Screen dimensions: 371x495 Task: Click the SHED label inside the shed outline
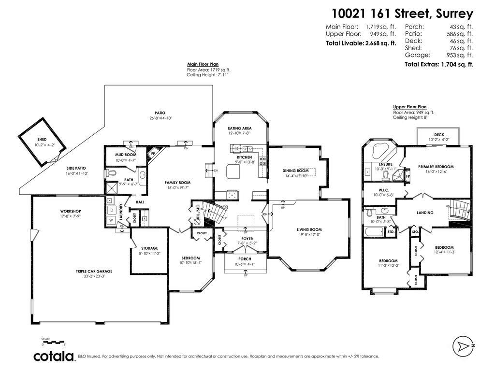42,139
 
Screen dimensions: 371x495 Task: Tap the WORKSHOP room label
70,211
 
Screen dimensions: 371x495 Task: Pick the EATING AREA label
240,128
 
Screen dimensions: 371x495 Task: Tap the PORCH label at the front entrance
245,258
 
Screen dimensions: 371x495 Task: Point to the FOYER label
247,239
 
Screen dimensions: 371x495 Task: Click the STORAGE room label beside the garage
149,248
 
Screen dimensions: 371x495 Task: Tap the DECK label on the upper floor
438,135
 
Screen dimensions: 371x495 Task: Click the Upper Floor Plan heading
409,107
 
